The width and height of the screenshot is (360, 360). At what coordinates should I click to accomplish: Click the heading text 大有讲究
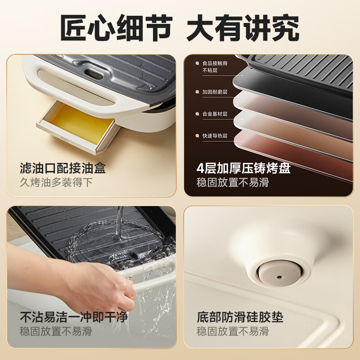point(243,28)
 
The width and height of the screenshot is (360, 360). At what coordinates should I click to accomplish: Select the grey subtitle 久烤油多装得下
point(56,183)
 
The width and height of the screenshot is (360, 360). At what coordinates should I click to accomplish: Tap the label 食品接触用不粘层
point(215,67)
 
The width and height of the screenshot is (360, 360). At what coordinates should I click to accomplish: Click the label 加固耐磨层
point(215,92)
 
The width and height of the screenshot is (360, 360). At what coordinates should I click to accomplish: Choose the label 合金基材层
point(215,114)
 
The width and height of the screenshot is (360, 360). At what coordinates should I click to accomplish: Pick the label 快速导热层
point(215,135)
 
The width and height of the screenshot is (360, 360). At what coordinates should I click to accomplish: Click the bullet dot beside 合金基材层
point(197,114)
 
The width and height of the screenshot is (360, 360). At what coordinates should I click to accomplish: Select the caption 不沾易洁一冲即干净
point(74,318)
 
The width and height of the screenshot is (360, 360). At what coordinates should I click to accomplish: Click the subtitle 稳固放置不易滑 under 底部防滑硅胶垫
point(233,332)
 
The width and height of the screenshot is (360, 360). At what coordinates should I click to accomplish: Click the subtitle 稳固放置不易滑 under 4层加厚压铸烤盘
point(233,183)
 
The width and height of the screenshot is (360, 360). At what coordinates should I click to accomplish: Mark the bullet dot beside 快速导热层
point(197,135)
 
